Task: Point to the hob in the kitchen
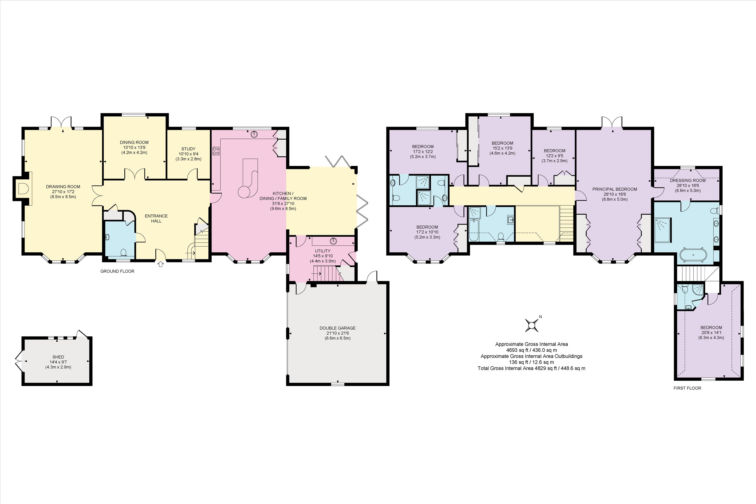point(216,151)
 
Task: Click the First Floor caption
point(687,388)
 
